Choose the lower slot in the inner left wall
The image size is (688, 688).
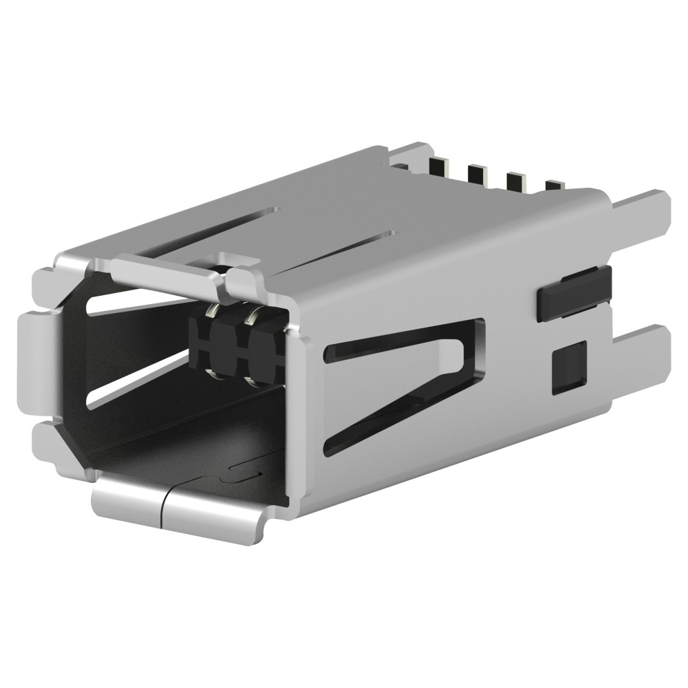[x=138, y=385]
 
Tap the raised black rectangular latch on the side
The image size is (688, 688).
[x=574, y=292]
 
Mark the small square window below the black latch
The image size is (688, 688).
[x=570, y=367]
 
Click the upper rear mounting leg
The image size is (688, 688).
[x=640, y=213]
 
